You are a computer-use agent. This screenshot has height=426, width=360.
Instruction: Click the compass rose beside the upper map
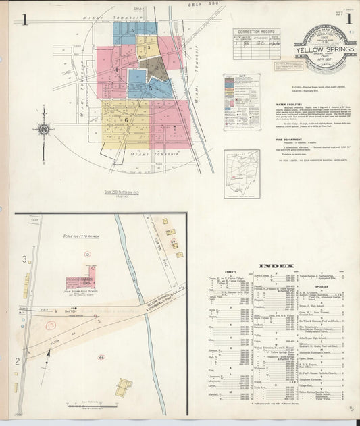tap(43, 130)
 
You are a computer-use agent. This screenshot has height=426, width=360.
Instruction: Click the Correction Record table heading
tap(256, 32)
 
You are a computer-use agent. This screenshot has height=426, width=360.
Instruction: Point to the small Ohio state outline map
tap(241, 174)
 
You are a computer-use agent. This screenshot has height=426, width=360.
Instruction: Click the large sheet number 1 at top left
tap(24, 19)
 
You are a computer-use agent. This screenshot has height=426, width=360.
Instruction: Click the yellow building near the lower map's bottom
tap(124, 387)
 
